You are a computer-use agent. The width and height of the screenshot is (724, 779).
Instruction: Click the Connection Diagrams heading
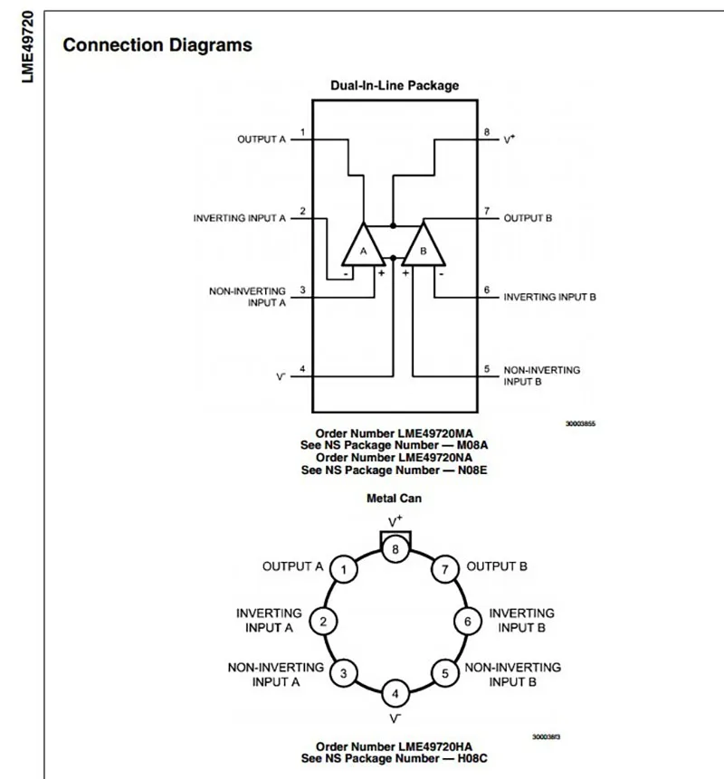coord(157,45)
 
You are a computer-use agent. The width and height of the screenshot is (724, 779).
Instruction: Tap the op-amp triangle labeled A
coord(363,246)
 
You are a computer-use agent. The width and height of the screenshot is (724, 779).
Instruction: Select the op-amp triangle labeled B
coord(424,246)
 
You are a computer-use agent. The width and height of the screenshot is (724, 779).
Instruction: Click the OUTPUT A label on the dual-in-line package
coord(262,139)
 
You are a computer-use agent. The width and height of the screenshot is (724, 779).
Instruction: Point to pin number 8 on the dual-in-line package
coord(487,132)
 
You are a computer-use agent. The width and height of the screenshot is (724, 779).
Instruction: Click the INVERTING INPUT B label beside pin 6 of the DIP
coord(549,297)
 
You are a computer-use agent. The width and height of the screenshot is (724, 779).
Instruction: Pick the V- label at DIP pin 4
coord(281,377)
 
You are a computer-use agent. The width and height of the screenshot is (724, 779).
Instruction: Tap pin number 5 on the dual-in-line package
coord(487,369)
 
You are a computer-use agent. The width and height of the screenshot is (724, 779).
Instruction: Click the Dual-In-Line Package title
coord(395,85)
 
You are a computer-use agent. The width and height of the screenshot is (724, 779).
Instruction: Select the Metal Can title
coord(394,499)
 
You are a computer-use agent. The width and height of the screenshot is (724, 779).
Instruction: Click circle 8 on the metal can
coord(395,549)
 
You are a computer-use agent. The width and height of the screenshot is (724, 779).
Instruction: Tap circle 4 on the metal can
coord(395,694)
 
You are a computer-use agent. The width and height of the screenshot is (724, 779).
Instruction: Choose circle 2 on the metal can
coord(323,622)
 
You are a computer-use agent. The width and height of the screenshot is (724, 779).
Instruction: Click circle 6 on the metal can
coord(468,622)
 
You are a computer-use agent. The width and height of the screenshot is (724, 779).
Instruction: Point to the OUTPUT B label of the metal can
coord(497,566)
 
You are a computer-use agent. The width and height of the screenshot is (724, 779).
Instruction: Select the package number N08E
coord(472,470)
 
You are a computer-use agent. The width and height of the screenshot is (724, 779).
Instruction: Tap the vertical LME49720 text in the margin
coord(28,47)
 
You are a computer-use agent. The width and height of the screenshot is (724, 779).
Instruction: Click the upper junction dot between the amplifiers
coord(393,226)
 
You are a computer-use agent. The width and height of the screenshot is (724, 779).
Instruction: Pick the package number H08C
coord(472,758)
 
